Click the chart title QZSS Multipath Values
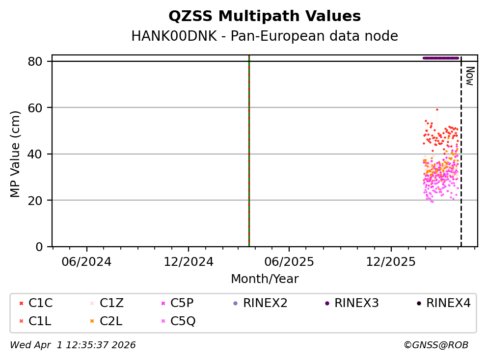265,17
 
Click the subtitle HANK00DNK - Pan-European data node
265,36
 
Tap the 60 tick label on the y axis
39,108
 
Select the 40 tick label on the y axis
39,154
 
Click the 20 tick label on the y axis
39,201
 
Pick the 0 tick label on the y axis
42,247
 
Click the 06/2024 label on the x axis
87,261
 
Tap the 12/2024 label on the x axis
189,261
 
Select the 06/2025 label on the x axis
289,261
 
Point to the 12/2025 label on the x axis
390,261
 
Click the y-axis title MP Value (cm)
16,154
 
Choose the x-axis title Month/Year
265,279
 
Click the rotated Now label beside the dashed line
469,77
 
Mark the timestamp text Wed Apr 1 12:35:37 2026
73,345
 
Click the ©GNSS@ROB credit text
436,345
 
